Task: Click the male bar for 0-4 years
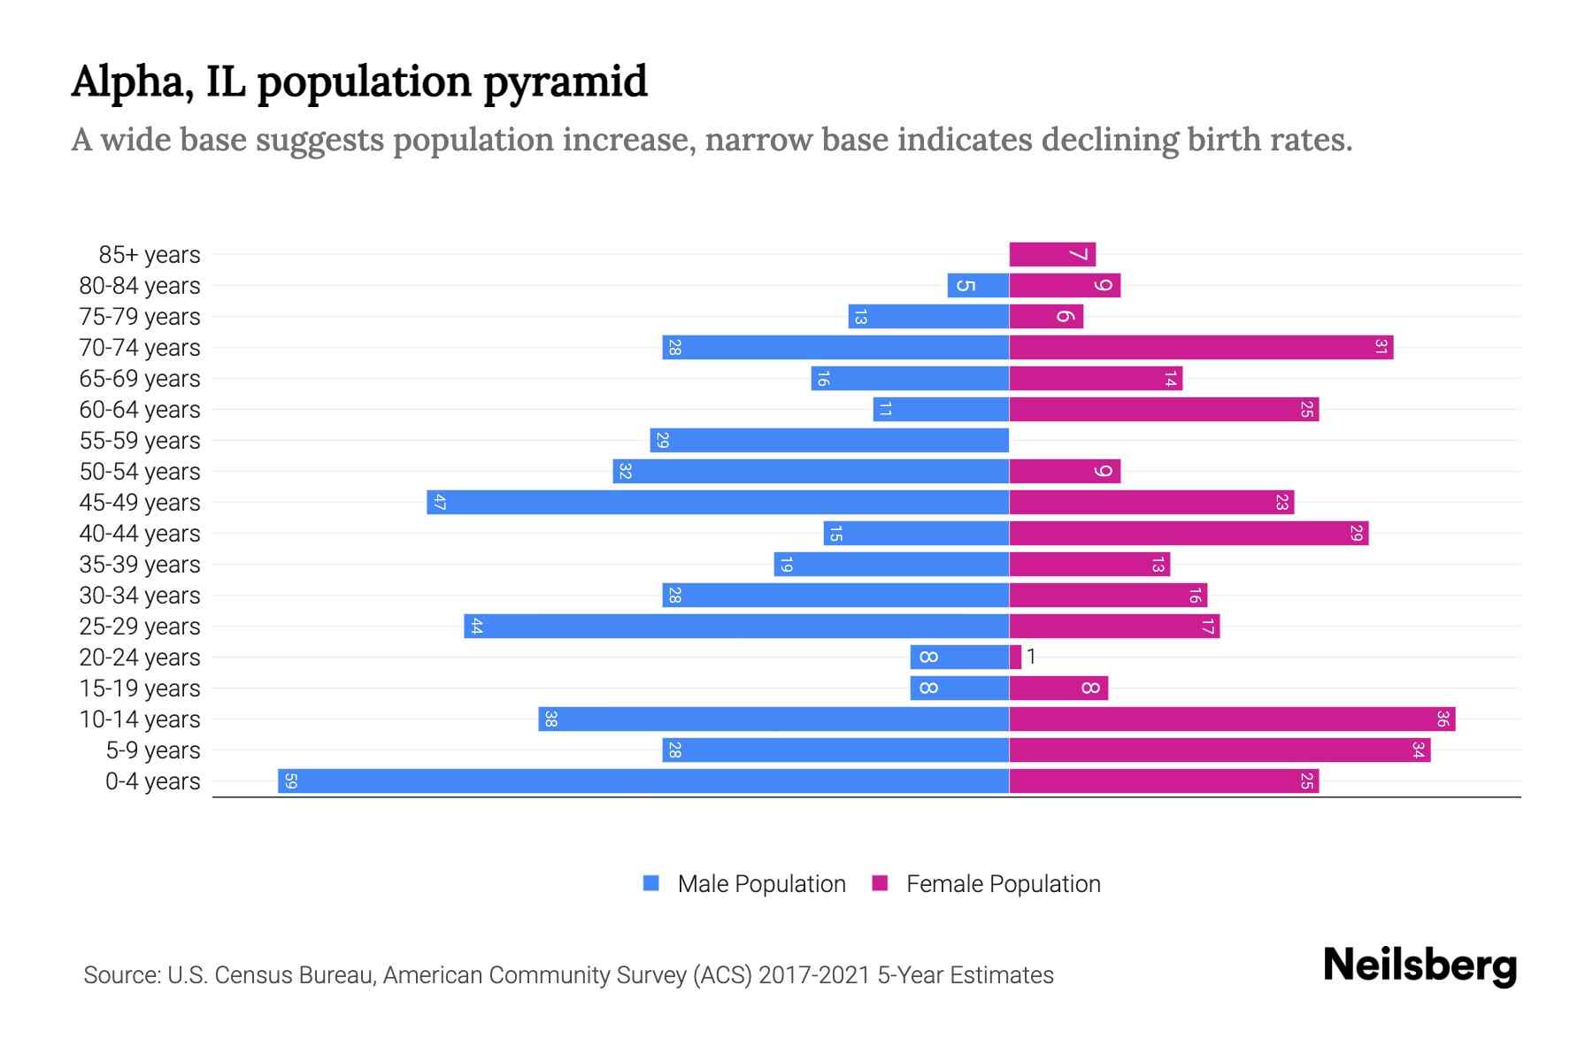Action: point(643,781)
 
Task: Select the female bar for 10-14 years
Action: point(1232,719)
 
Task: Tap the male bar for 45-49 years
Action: point(718,502)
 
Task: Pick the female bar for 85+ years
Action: point(1052,254)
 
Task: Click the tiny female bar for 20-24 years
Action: point(1015,657)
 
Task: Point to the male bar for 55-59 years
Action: point(829,440)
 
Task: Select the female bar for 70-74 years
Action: point(1201,347)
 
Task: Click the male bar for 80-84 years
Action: point(978,285)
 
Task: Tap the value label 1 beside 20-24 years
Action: point(1031,657)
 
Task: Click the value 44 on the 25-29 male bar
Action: point(476,626)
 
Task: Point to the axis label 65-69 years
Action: point(140,379)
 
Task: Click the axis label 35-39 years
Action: point(140,565)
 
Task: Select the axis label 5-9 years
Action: point(153,750)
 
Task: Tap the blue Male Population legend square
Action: point(651,883)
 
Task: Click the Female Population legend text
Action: point(1003,883)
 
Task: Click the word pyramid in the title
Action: point(566,82)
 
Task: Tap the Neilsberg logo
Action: point(1420,966)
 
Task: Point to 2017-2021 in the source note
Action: point(814,975)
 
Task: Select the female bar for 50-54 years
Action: point(1065,471)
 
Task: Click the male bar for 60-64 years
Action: point(941,409)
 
